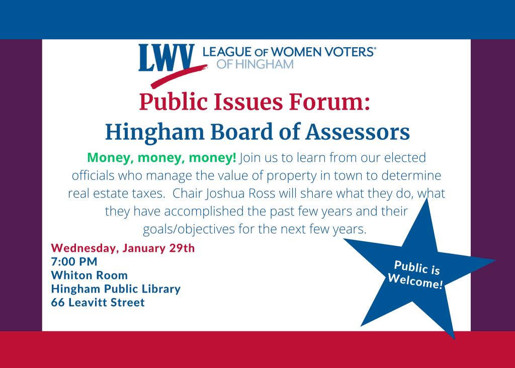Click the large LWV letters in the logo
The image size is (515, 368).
point(166,58)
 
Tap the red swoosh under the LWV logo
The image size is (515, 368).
point(179,76)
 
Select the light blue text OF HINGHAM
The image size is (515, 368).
point(255,64)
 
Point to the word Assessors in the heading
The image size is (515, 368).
point(358,132)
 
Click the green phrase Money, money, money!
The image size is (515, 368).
point(161,158)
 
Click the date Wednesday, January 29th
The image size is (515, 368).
point(123,248)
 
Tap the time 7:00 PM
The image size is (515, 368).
point(74,261)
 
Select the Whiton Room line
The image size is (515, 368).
point(90,275)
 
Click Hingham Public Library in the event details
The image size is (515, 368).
point(116,289)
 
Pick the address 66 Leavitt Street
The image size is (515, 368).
point(98,302)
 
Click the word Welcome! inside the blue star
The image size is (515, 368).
point(415,281)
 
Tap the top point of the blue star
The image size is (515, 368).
point(427,199)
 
